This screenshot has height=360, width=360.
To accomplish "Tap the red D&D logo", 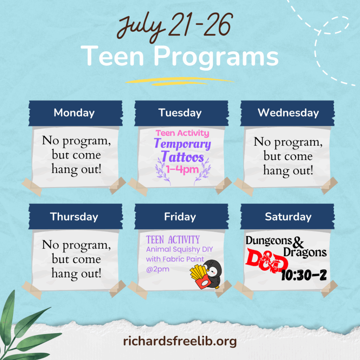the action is click(x=266, y=261).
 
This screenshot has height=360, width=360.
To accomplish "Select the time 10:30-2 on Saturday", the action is click(x=304, y=275).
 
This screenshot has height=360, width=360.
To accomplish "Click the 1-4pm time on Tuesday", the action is click(x=182, y=169).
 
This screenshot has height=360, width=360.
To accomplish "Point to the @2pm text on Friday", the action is click(x=158, y=269).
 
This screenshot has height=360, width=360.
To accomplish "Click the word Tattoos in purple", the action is click(x=182, y=157).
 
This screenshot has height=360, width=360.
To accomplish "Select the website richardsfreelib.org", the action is click(x=180, y=341).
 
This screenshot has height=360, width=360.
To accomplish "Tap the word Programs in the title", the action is click(x=216, y=56).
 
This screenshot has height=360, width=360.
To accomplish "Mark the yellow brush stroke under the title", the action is click(x=180, y=81).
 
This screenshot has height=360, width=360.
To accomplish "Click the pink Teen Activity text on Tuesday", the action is click(x=182, y=133).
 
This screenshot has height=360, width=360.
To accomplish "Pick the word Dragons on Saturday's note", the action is click(x=305, y=252).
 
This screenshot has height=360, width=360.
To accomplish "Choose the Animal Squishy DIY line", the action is click(x=180, y=249).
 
